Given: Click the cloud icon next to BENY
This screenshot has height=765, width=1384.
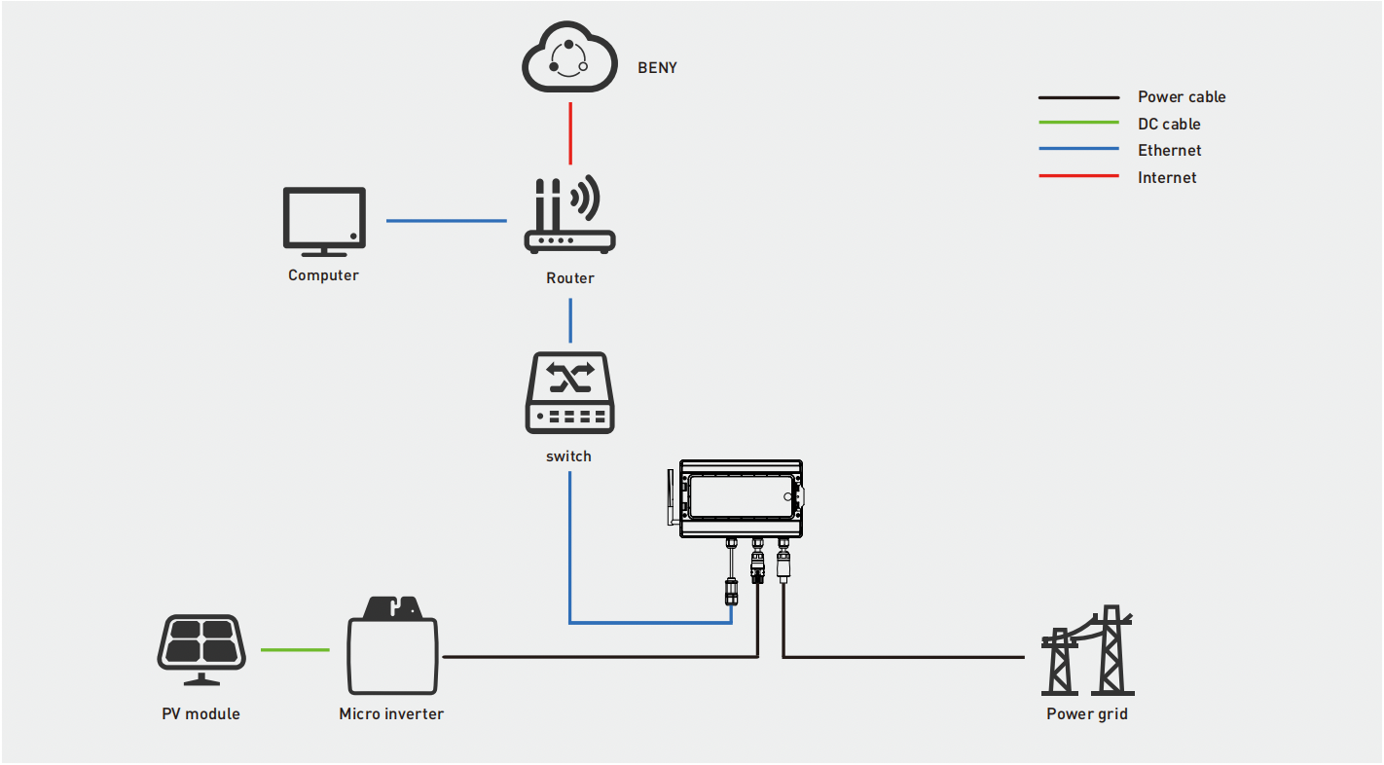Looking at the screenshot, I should coord(570,60).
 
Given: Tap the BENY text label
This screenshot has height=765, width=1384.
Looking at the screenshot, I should coord(657,68).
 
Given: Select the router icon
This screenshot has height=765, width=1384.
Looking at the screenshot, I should coord(570,217).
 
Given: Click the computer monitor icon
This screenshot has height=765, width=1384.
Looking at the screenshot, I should coord(324,219).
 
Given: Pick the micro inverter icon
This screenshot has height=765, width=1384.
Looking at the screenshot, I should coord(392,643).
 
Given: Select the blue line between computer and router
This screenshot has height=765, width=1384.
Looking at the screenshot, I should coord(446,221).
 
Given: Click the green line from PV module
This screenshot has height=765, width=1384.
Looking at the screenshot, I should coord(295,650).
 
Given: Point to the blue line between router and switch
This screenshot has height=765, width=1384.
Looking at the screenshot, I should coord(570,319).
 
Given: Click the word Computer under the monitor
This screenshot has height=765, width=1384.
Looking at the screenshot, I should coord(323,275).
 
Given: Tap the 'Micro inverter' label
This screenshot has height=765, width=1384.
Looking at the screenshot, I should coord(391,714).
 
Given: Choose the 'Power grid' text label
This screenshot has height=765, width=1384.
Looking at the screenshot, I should coord(1087,714).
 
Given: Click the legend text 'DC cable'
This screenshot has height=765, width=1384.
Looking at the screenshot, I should coord(1169,125).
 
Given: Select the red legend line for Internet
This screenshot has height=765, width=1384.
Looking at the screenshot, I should coord(1078,176).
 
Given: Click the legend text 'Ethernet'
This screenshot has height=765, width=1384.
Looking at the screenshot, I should coord(1169,151).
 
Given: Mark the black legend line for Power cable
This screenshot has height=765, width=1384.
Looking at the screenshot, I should coord(1078,97).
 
